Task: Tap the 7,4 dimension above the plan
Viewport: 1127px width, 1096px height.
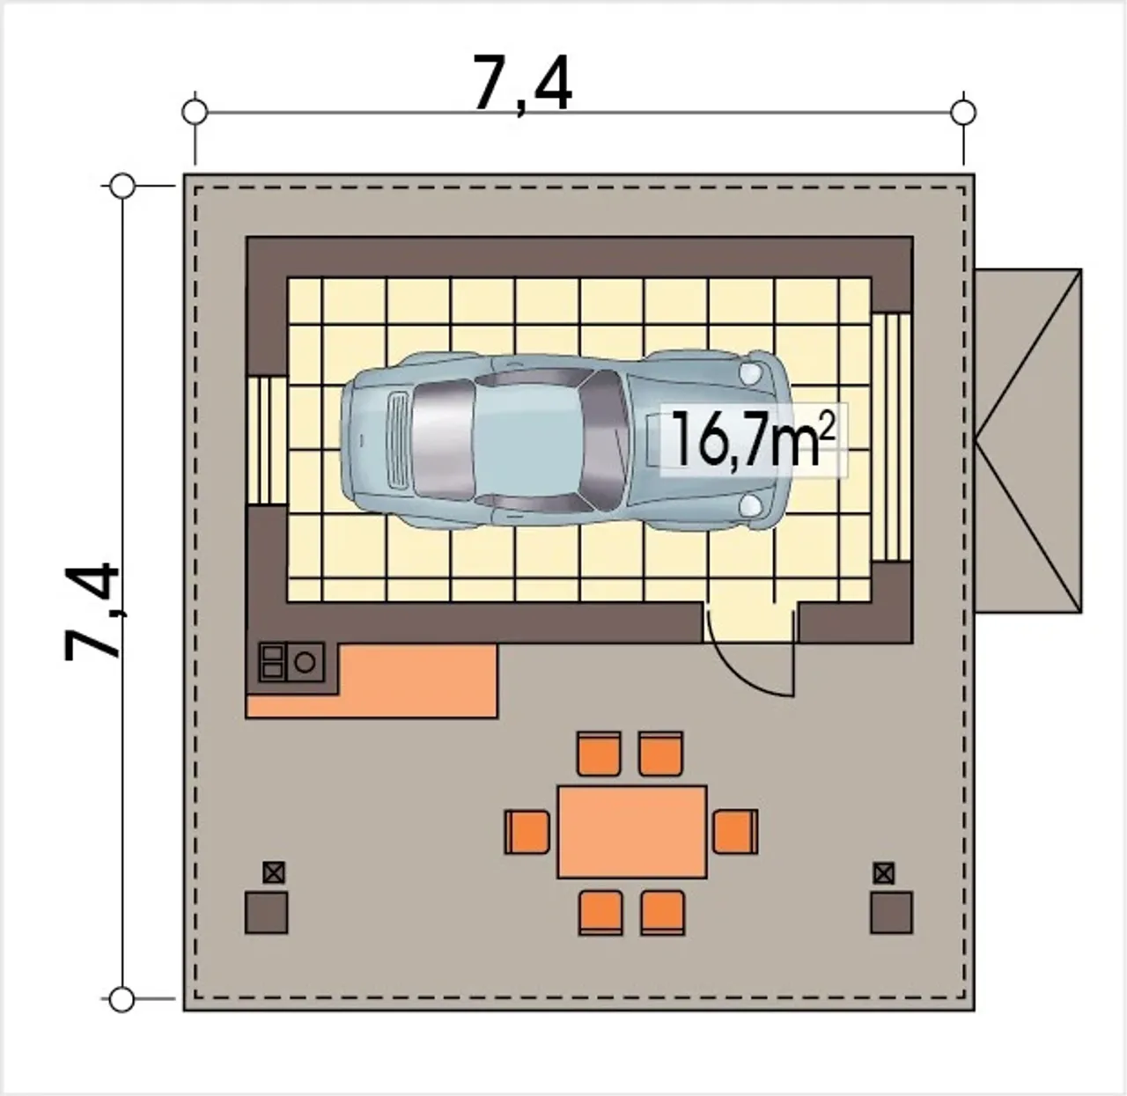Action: (523, 83)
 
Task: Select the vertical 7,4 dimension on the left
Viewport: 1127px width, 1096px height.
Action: (92, 612)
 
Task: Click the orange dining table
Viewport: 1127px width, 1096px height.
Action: (632, 832)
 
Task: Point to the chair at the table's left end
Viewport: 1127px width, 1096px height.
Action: (527, 832)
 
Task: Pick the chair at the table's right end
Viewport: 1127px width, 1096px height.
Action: (735, 832)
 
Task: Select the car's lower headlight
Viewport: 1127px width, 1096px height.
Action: (751, 505)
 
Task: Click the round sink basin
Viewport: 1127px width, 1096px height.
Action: (305, 662)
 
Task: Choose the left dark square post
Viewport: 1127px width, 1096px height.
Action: (267, 913)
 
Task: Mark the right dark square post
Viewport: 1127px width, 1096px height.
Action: (891, 913)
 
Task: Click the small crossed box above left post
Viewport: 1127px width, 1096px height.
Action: (273, 872)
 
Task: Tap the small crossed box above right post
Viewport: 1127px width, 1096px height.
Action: (884, 872)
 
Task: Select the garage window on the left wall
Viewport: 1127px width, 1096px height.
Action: (267, 440)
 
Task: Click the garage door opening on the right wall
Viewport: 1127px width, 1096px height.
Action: (892, 438)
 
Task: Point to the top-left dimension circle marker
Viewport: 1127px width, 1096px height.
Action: (195, 112)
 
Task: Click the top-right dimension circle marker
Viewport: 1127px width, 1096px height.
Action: (963, 112)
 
